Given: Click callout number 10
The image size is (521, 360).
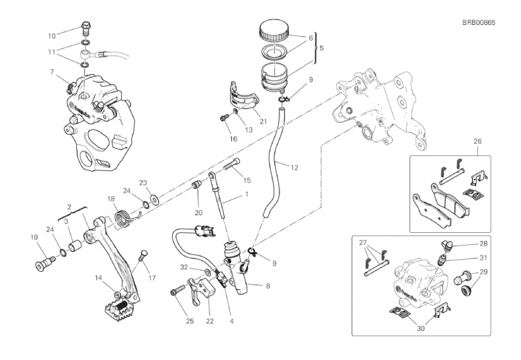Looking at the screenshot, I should (52, 36).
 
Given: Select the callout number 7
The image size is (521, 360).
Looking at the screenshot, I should (52, 71).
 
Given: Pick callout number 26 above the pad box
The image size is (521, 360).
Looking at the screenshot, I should (458, 142).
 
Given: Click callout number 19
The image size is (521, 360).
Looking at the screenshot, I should (34, 237).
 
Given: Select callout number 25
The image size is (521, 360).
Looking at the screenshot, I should (190, 321).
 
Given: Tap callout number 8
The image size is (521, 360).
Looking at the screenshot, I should (268, 286).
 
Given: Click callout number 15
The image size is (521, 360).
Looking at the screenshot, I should (247, 180).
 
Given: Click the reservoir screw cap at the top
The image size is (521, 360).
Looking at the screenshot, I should (275, 31).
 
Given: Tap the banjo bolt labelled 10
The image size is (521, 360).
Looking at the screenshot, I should (85, 28).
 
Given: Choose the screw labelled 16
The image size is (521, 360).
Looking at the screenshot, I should (223, 119).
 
